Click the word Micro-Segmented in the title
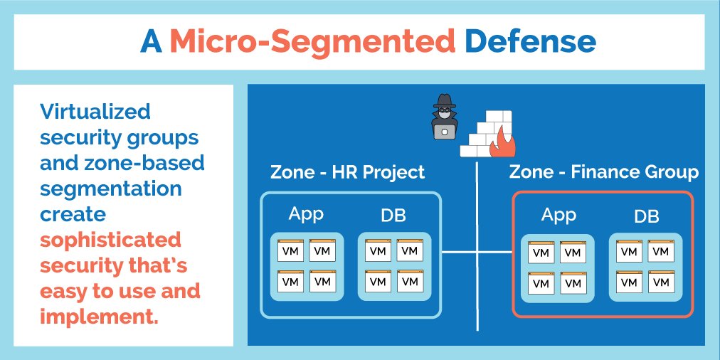(x=312, y=42)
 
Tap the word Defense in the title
(x=530, y=41)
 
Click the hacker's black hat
(x=444, y=101)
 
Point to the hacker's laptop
(x=445, y=132)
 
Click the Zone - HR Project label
(x=347, y=172)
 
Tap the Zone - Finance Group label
(x=603, y=172)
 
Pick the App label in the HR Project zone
(x=306, y=214)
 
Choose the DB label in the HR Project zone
(x=393, y=216)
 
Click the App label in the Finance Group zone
(x=558, y=215)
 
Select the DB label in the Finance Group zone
(x=647, y=216)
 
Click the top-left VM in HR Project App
(x=290, y=250)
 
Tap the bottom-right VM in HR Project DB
(x=410, y=281)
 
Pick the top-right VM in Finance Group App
(x=573, y=252)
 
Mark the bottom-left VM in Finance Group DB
(x=629, y=282)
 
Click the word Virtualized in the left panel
(x=95, y=111)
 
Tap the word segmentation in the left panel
(x=111, y=189)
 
